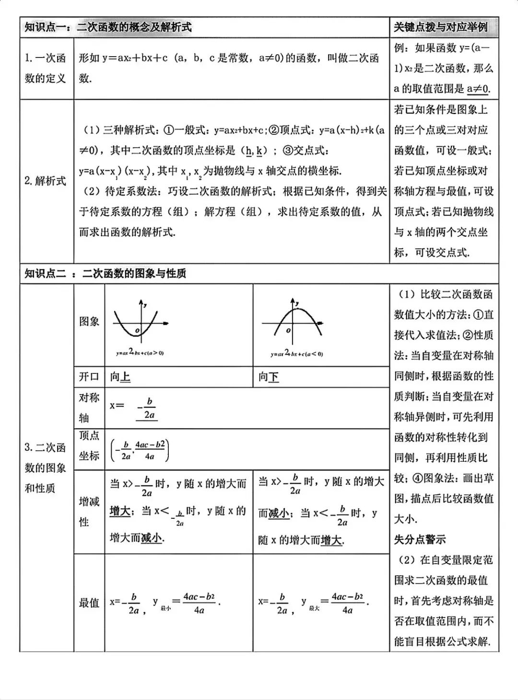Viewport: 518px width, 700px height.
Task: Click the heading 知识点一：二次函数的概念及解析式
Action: pyautogui.click(x=108, y=27)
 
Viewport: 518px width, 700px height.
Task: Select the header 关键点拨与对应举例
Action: pyautogui.click(x=440, y=27)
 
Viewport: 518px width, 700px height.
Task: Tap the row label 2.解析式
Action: pyautogui.click(x=46, y=181)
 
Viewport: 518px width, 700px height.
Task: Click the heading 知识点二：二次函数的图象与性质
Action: pyautogui.click(x=106, y=274)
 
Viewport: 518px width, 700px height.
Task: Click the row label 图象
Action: pyautogui.click(x=89, y=321)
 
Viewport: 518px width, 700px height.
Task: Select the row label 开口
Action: pyautogui.click(x=89, y=377)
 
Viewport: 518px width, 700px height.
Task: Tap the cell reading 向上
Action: pyautogui.click(x=120, y=377)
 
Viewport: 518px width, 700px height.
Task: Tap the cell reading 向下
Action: pyautogui.click(x=269, y=377)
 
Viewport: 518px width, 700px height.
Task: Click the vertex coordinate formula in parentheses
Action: pyautogui.click(x=140, y=450)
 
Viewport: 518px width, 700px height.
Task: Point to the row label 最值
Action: pyautogui.click(x=89, y=603)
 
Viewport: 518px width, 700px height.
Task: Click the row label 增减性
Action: pyautogui.click(x=89, y=512)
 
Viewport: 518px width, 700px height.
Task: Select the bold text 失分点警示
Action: pyautogui.click(x=420, y=539)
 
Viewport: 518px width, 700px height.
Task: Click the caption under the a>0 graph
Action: pyautogui.click(x=140, y=353)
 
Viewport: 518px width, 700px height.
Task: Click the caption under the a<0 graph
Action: pyautogui.click(x=296, y=354)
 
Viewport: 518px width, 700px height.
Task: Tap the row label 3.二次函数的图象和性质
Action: pyautogui.click(x=46, y=467)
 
